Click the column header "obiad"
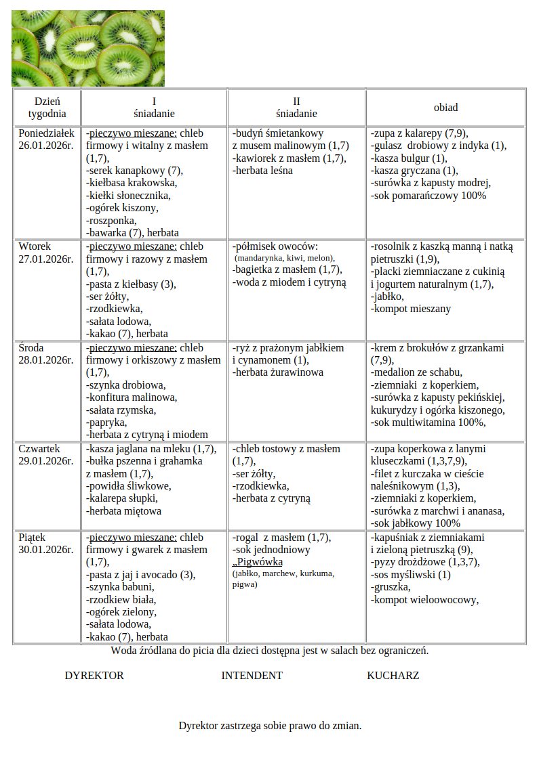(445, 108)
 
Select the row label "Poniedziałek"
(47, 133)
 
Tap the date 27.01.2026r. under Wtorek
(46, 259)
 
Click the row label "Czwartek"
(39, 449)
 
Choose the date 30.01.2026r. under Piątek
(46, 550)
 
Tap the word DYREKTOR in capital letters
(94, 676)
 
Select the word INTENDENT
(252, 676)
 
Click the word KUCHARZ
(393, 676)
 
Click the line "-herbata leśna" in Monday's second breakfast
(262, 171)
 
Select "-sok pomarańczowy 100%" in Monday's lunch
(428, 196)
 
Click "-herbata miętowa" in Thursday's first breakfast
(123, 511)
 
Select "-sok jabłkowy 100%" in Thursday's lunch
(416, 523)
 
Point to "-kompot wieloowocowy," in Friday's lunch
(425, 599)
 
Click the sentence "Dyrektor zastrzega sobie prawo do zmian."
(270, 726)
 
